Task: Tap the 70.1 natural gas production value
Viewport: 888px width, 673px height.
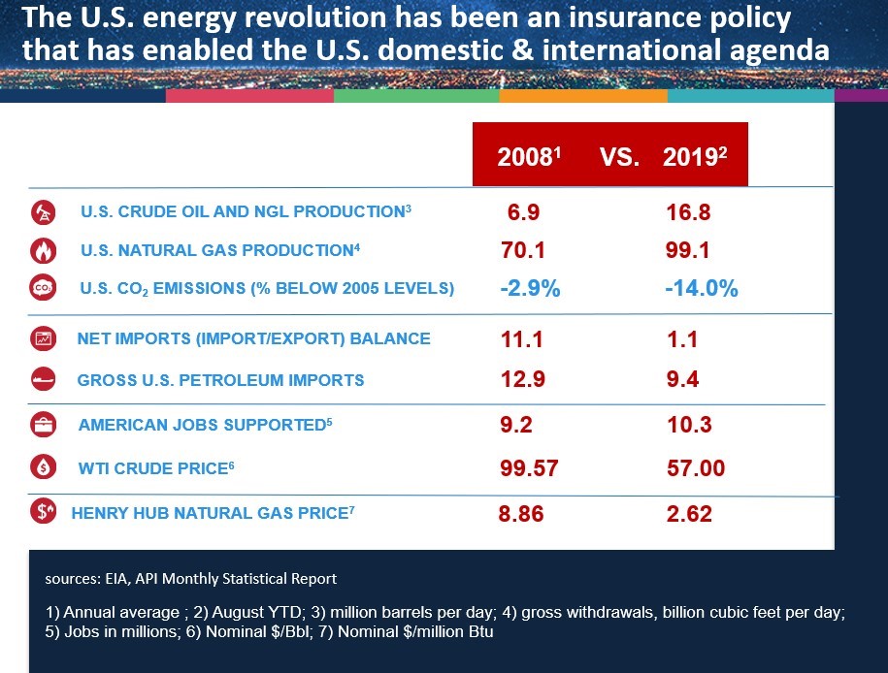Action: [521, 250]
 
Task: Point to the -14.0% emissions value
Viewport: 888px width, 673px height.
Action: [702, 289]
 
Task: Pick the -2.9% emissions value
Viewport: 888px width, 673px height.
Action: [529, 289]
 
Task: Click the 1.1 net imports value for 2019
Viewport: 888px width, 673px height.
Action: [682, 339]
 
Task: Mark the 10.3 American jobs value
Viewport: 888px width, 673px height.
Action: [689, 425]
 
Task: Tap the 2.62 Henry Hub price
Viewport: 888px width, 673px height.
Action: [689, 513]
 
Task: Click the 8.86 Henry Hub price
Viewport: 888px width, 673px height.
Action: [521, 513]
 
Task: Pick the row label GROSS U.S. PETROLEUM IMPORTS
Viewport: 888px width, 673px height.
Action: [220, 380]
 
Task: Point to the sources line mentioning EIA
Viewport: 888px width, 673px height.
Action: [190, 579]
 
